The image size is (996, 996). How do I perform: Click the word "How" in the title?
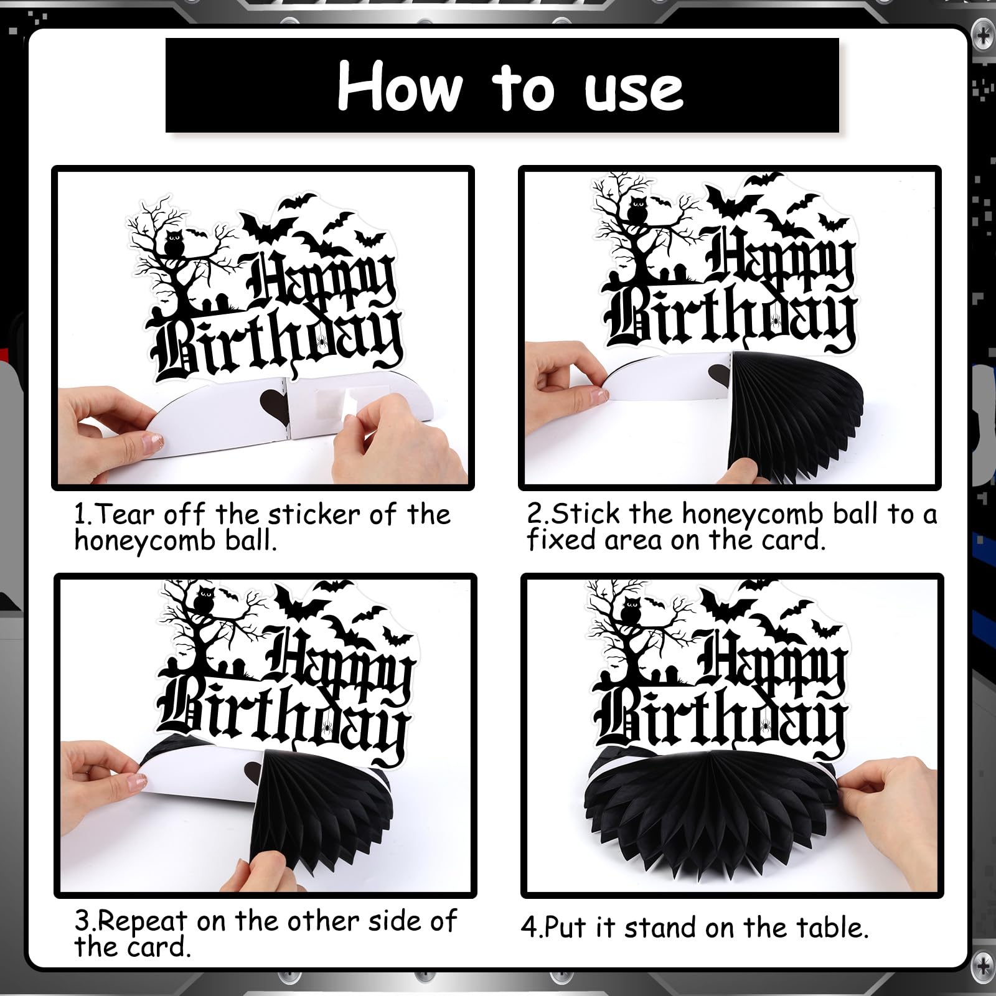point(400,87)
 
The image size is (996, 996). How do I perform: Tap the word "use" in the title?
point(634,92)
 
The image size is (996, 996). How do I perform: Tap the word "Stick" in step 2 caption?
point(586,514)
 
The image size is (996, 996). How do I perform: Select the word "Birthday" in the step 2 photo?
point(731,319)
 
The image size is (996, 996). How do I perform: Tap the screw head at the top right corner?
point(984,37)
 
